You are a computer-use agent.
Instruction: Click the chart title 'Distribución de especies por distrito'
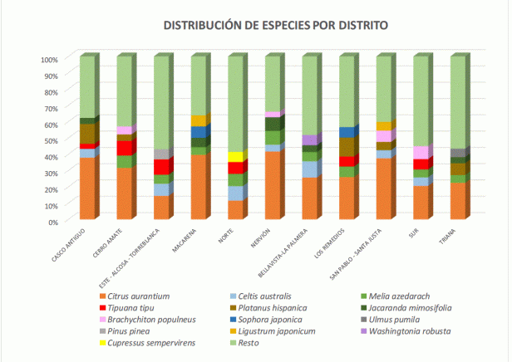pyautogui.click(x=275, y=25)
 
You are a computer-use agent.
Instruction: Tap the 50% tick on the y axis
pyautogui.click(x=49, y=140)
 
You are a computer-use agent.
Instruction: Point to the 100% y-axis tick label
pyautogui.click(x=47, y=59)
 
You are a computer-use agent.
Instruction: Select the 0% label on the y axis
pyautogui.click(x=51, y=222)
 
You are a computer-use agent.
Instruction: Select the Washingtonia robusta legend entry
pyautogui.click(x=411, y=330)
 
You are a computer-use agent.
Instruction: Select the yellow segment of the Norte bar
pyautogui.click(x=235, y=157)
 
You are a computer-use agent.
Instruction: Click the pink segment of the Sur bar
pyautogui.click(x=421, y=153)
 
